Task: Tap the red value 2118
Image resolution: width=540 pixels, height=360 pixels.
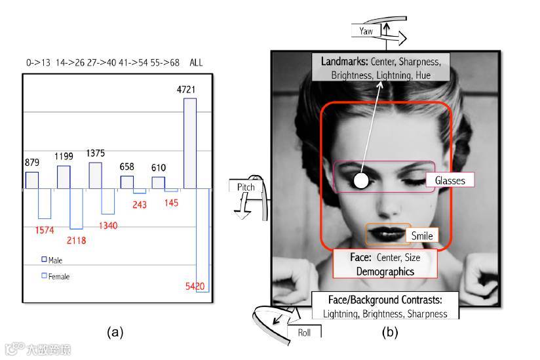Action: pyautogui.click(x=76, y=241)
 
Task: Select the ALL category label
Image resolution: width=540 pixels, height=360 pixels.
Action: pyautogui.click(x=196, y=63)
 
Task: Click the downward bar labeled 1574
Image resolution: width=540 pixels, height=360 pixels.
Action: pyautogui.click(x=45, y=204)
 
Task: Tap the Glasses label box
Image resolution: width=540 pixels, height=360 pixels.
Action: pyautogui.click(x=450, y=180)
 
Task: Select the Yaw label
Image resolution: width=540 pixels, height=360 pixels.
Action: pyautogui.click(x=366, y=31)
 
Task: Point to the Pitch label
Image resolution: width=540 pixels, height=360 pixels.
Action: pyautogui.click(x=246, y=187)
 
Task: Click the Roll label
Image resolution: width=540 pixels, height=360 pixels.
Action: pyautogui.click(x=304, y=332)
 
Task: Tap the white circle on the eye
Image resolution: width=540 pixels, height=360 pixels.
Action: pyautogui.click(x=360, y=181)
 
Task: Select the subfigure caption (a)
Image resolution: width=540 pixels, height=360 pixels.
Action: pyautogui.click(x=115, y=332)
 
